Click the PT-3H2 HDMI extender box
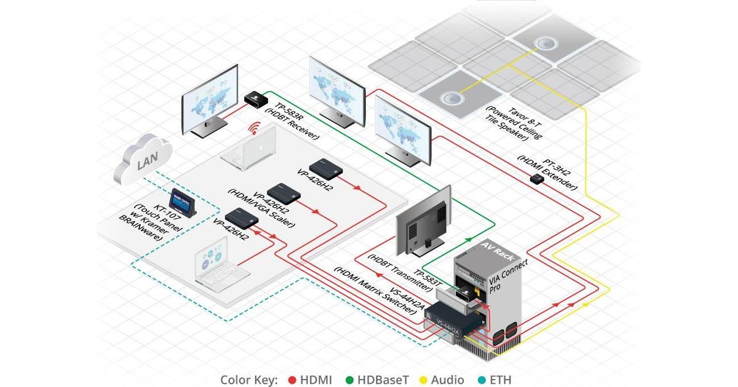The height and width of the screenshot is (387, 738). pyautogui.click(x=537, y=179)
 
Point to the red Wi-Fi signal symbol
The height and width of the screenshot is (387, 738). pyautogui.click(x=255, y=128)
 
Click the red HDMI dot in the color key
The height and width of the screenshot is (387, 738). pyautogui.click(x=292, y=380)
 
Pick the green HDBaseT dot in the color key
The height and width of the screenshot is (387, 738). pyautogui.click(x=349, y=380)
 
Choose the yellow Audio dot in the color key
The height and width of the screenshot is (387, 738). pyautogui.click(x=423, y=380)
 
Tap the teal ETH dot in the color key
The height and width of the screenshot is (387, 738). pyautogui.click(x=482, y=380)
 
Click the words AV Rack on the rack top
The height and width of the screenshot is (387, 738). pyautogui.click(x=498, y=251)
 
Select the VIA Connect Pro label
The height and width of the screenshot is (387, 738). pyautogui.click(x=507, y=276)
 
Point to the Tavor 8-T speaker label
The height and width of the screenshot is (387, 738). pyautogui.click(x=514, y=123)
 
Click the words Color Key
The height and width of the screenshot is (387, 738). pyautogui.click(x=249, y=380)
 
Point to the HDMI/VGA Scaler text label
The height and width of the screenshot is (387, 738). pyautogui.click(x=261, y=208)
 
